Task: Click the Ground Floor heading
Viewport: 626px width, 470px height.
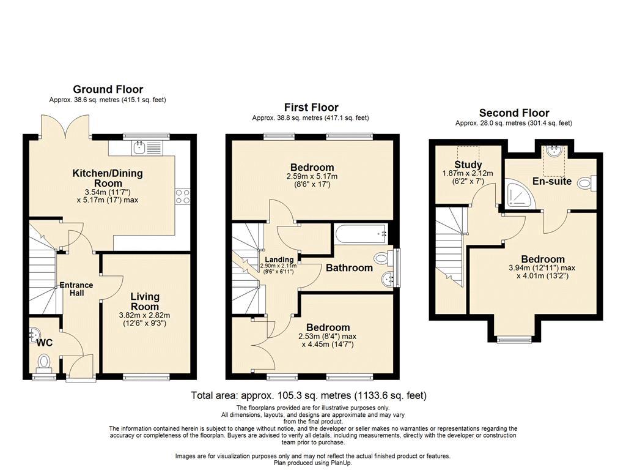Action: point(108,89)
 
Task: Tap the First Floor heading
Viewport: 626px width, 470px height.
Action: point(311,107)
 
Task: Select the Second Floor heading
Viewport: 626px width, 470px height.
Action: point(514,113)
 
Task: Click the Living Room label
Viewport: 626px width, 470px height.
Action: point(145,301)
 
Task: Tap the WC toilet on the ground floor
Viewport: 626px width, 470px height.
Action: point(43,362)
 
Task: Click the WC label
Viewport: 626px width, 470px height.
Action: point(44,343)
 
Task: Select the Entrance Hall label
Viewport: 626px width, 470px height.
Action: point(76,289)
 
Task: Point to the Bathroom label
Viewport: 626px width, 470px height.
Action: point(349,268)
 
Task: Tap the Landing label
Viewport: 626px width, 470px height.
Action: point(279,259)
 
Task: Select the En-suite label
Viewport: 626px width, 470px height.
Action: point(552,181)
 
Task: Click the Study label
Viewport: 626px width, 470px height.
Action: point(468,164)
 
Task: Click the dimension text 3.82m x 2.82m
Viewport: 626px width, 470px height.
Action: point(144,315)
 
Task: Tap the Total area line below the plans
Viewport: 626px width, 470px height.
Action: point(309,395)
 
